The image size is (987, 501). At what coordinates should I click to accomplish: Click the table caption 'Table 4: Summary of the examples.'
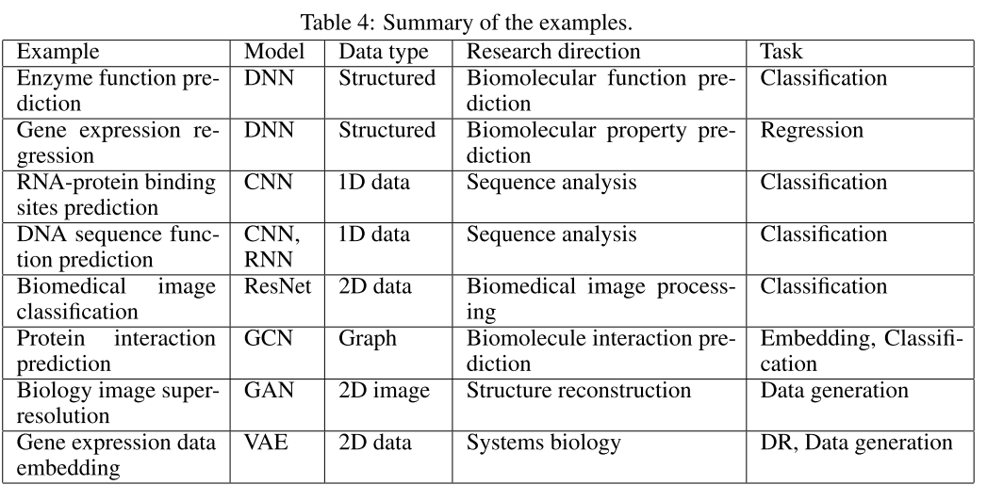[x=493, y=16]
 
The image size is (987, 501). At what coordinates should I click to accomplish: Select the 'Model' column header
[x=271, y=51]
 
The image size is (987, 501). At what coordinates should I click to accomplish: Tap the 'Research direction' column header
[x=553, y=51]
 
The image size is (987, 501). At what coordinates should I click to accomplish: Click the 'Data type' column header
[x=383, y=51]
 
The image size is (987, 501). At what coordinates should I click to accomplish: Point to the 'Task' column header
[x=781, y=51]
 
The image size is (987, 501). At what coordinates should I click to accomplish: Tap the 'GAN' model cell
[x=269, y=390]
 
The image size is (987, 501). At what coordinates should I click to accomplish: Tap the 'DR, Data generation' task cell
[x=856, y=442]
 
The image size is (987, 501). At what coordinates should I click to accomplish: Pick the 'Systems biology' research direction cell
[x=544, y=442]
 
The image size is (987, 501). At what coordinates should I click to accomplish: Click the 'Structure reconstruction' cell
[x=579, y=390]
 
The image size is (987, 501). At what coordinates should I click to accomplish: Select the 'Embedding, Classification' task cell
[x=861, y=350]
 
